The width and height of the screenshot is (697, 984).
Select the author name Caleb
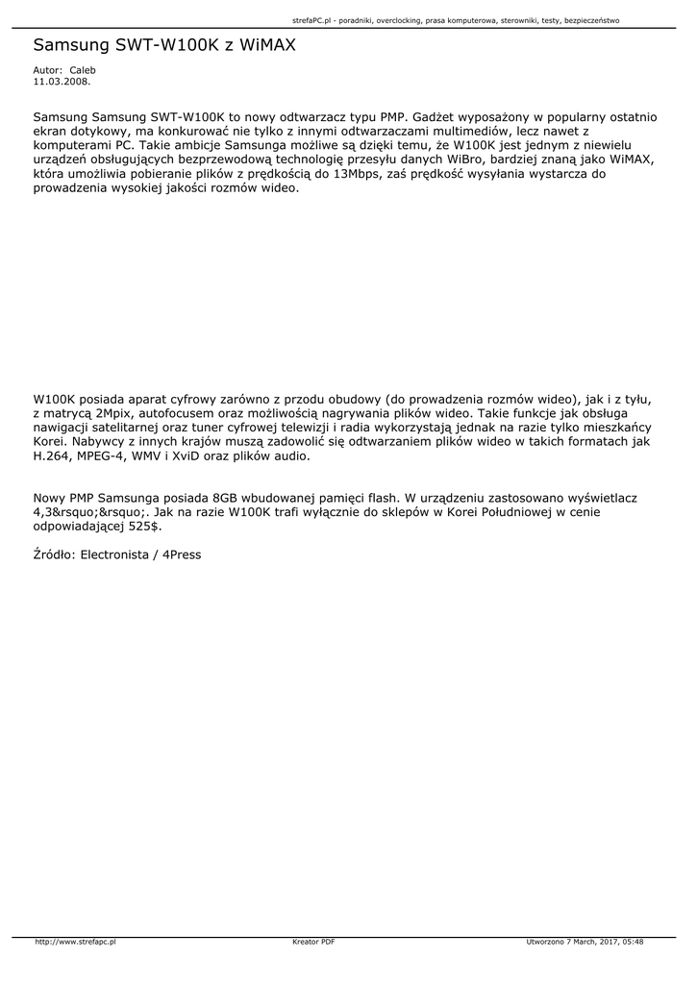pos(83,70)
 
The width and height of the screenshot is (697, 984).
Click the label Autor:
pos(47,70)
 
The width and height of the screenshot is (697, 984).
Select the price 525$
pos(142,527)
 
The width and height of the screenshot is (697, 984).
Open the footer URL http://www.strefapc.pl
pos(75,942)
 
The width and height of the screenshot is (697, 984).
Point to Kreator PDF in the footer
pos(313,942)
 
